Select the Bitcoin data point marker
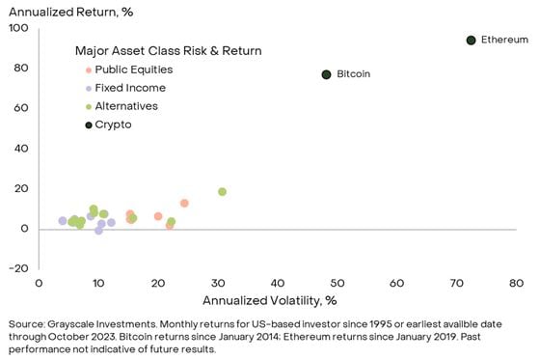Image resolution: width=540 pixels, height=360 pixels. tap(326, 74)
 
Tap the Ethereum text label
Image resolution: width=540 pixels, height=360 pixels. tap(504, 41)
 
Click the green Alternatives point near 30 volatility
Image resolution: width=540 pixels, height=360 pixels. tap(222, 191)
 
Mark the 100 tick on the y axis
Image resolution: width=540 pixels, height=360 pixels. tap(17, 28)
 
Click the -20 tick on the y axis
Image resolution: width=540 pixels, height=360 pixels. tap(17, 268)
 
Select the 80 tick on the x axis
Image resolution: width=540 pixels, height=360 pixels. tap(516, 283)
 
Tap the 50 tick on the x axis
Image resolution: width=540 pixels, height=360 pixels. tap(337, 283)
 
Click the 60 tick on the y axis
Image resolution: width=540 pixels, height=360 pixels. tap(20, 108)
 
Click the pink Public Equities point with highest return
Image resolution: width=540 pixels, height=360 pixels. tap(184, 203)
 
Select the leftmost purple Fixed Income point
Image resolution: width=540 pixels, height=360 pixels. tap(63, 221)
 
